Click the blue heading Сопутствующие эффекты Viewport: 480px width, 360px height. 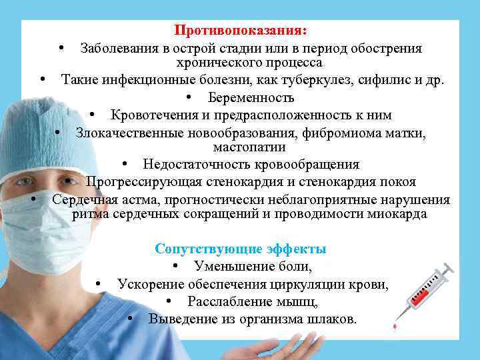[241, 249]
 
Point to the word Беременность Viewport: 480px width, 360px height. [251, 98]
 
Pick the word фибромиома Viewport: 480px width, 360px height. [339, 133]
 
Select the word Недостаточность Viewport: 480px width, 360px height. [195, 165]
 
